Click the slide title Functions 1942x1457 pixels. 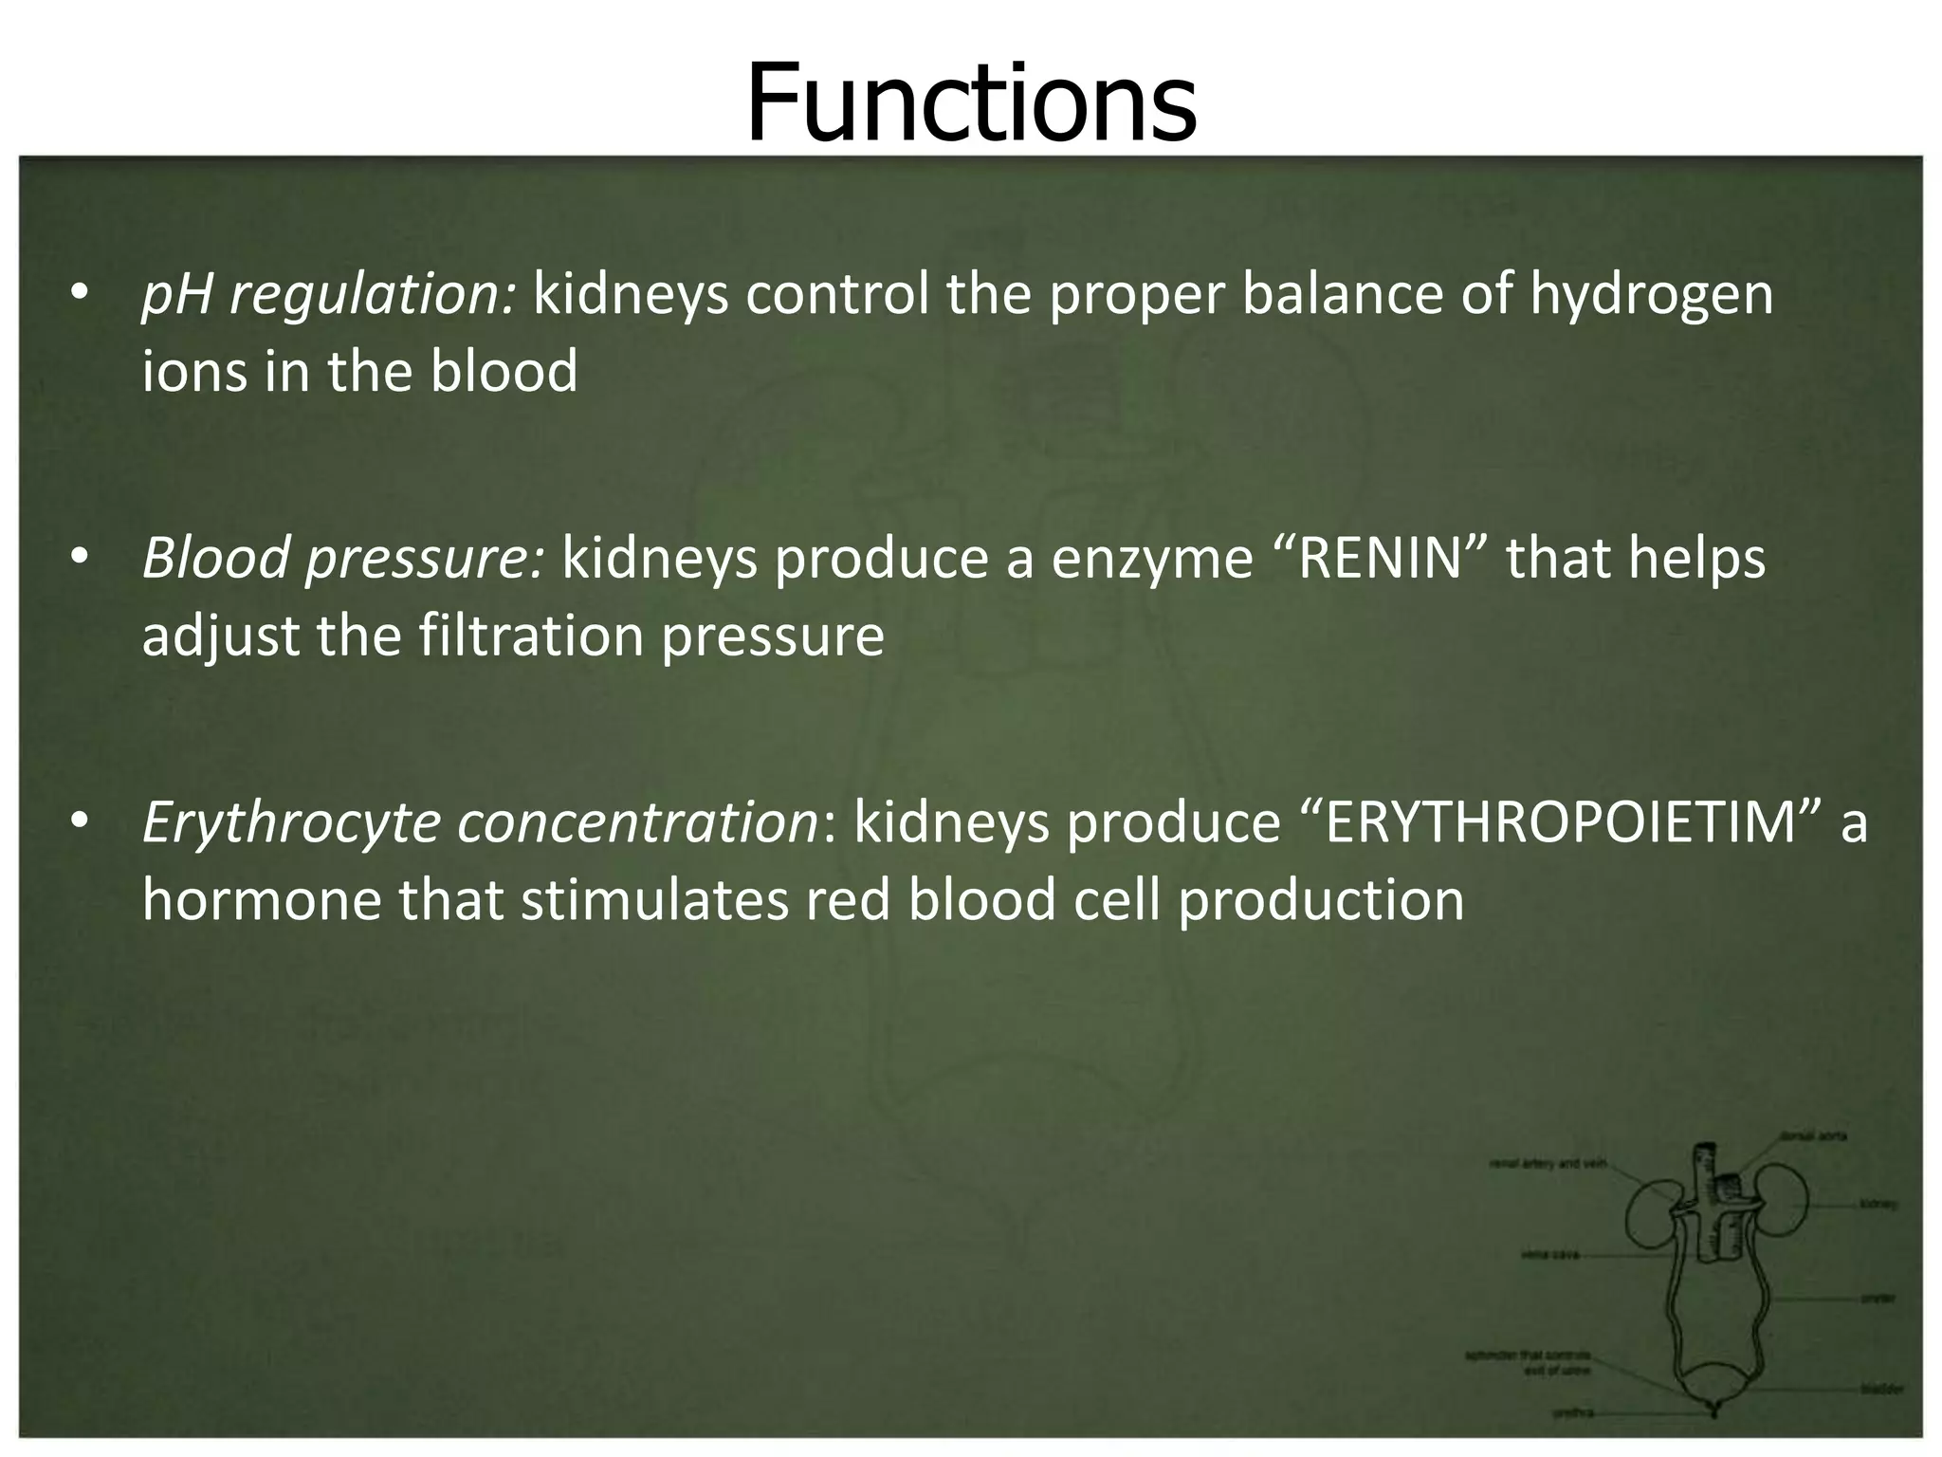(x=971, y=102)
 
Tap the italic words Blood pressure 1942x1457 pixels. (x=342, y=558)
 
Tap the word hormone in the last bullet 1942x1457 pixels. (x=260, y=898)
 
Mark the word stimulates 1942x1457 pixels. (x=654, y=898)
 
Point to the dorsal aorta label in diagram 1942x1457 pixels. (x=1812, y=1136)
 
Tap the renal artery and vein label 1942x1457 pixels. (x=1548, y=1164)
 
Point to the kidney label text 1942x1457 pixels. (x=1878, y=1205)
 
